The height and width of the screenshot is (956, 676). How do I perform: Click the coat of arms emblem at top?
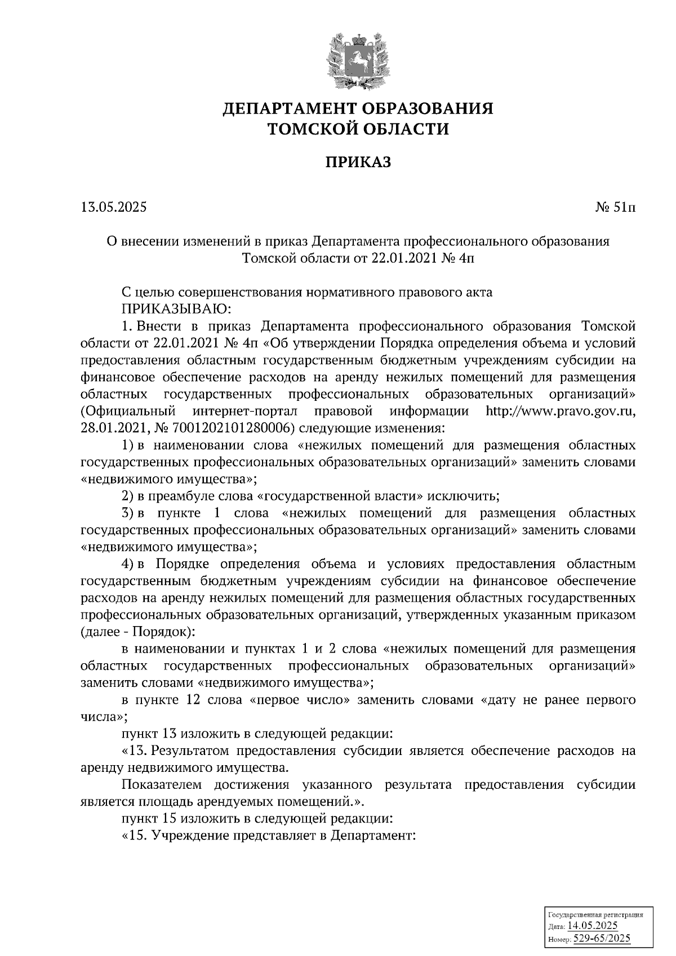point(358,60)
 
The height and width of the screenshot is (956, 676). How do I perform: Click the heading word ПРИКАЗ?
point(358,163)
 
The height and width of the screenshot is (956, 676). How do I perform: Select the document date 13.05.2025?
point(113,207)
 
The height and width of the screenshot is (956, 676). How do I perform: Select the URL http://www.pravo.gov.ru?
point(561,411)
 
